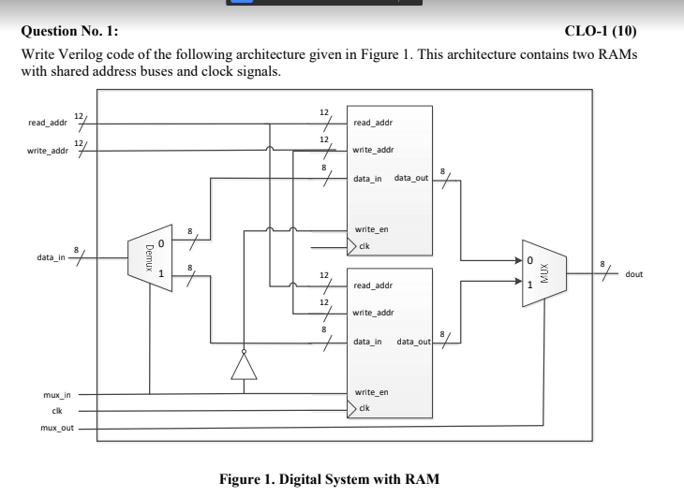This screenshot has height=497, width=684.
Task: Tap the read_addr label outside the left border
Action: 47,123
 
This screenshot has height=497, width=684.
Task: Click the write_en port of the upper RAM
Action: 371,229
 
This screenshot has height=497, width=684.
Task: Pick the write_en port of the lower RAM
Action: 371,392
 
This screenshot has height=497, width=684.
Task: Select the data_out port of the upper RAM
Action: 412,178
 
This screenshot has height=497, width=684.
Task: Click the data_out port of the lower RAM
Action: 413,342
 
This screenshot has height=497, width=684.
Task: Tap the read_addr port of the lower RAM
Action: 372,285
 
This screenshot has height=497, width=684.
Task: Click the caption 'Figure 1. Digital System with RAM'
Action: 328,478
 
